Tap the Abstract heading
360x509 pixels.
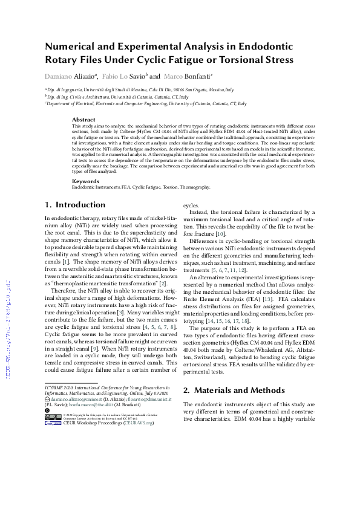(x=83, y=120)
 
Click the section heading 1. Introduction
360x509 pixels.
(x=76, y=205)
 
